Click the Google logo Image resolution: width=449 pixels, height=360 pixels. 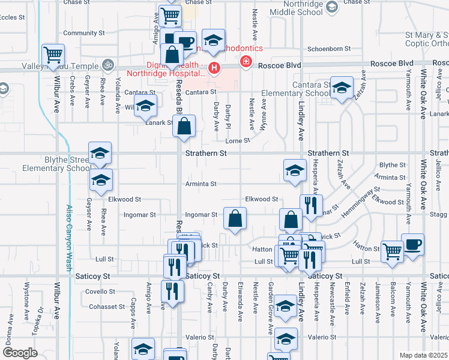(x=20, y=352)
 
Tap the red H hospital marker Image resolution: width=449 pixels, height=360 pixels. (x=214, y=69)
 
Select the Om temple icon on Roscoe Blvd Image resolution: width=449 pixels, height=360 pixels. (x=108, y=62)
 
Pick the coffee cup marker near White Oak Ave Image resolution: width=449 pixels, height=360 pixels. (x=412, y=244)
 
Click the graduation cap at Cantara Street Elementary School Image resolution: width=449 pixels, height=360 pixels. (x=341, y=87)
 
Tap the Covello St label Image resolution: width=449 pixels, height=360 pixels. (x=100, y=292)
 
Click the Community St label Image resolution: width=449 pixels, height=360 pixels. (x=79, y=33)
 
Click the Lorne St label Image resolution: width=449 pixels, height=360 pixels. (x=237, y=141)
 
